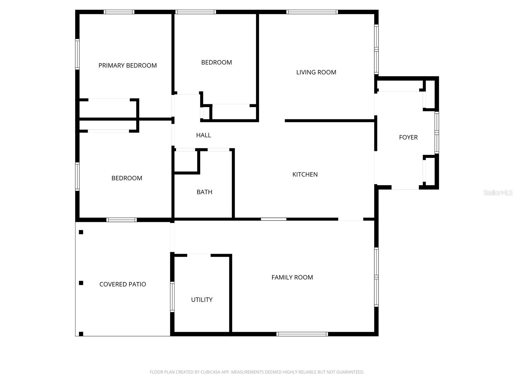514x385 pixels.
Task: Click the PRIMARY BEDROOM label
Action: coord(128,65)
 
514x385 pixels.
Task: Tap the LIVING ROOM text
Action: coord(316,72)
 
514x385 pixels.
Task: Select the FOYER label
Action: coord(408,137)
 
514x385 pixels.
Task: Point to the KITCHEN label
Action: coord(305,175)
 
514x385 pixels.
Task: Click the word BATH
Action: coord(204,192)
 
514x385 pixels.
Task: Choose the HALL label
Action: coord(203,135)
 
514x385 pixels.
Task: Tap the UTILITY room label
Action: coord(202,300)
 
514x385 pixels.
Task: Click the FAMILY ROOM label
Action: coord(292,277)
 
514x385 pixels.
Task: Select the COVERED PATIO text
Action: coord(122,284)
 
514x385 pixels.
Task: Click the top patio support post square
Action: coord(81,232)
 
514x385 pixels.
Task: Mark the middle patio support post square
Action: coord(81,283)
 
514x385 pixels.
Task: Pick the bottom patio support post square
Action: coord(81,334)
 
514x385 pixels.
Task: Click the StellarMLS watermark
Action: coord(498,193)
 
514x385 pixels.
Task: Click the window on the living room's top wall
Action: coord(312,12)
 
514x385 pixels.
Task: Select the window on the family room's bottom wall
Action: coord(302,334)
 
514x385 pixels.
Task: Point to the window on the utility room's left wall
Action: coord(172,297)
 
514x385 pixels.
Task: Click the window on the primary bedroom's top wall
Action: coord(119,12)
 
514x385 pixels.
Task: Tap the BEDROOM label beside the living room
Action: coord(216,62)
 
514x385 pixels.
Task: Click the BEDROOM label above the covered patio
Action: coord(127,178)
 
